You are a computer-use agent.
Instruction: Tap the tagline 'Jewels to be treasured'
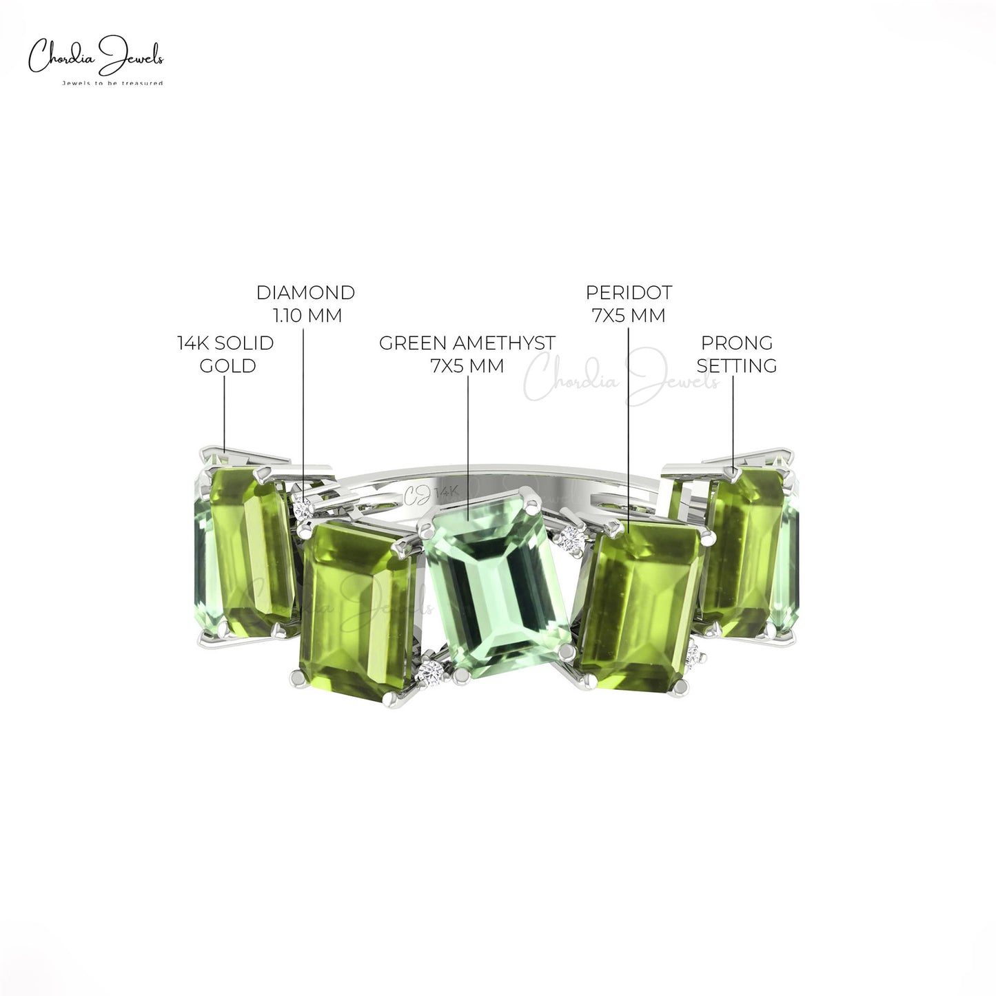pyautogui.click(x=112, y=83)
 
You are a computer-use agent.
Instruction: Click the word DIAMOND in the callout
pyautogui.click(x=305, y=292)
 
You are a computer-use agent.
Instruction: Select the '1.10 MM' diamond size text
pyautogui.click(x=307, y=315)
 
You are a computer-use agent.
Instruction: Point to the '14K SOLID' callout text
pyautogui.click(x=225, y=343)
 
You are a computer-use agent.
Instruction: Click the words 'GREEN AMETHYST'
pyautogui.click(x=467, y=343)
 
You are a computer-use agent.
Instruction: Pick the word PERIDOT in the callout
pyautogui.click(x=629, y=292)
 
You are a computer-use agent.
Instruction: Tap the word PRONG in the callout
pyautogui.click(x=737, y=343)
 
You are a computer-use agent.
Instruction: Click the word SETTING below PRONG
pyautogui.click(x=737, y=366)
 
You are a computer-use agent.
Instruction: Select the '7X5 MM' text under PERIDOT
pyautogui.click(x=629, y=315)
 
